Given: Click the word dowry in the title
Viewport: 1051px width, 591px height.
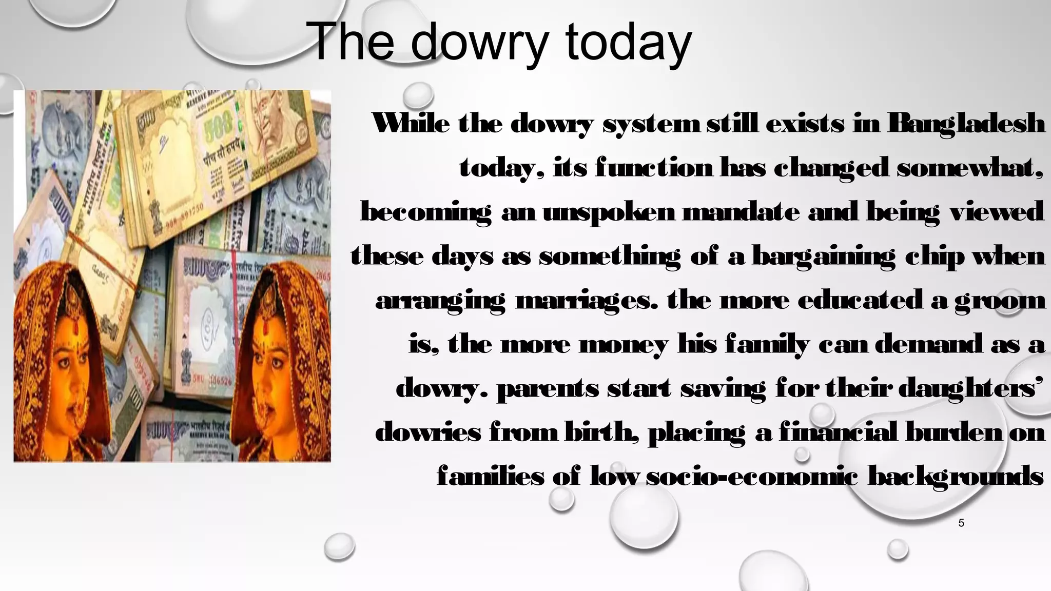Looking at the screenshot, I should (479, 43).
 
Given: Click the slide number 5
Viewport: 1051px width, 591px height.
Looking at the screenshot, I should (961, 523).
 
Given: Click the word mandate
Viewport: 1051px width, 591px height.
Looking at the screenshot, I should (741, 212).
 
